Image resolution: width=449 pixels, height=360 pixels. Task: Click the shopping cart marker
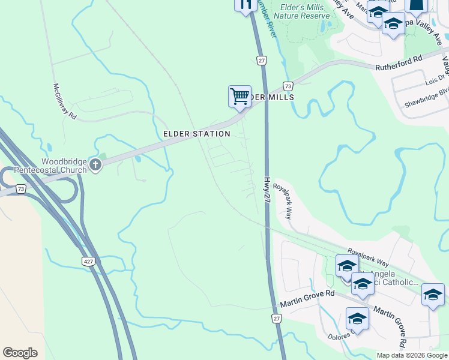point(240,96)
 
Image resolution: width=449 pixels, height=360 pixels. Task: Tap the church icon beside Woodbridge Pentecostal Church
point(95,164)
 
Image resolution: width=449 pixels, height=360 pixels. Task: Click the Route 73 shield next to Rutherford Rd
point(288,86)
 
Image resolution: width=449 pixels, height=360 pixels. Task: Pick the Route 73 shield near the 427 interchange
point(22,189)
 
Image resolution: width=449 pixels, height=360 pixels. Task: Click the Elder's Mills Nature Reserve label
point(302,11)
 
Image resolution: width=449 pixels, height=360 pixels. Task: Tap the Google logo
point(20,353)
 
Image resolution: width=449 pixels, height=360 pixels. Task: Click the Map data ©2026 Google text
point(411,355)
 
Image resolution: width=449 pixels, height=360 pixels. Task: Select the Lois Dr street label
point(436,78)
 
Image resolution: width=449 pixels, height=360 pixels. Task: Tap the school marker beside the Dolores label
point(357,319)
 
